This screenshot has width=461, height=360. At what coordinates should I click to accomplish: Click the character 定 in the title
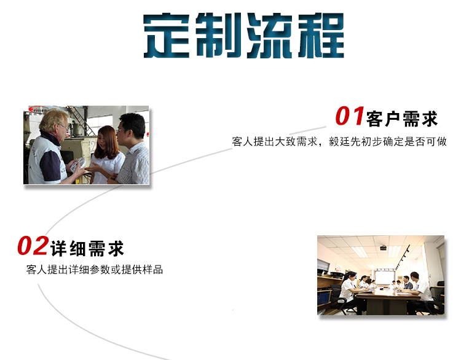[x=167, y=36]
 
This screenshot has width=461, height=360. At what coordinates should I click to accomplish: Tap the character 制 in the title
[x=218, y=36]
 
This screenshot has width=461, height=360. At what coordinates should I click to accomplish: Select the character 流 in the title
[x=270, y=36]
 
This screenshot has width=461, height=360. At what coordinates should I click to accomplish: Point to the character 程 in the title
[x=321, y=36]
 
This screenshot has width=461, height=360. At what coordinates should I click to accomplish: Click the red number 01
[x=350, y=116]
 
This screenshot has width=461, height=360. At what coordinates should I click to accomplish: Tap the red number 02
[x=33, y=246]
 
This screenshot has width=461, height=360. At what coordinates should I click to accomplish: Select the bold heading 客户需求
[x=402, y=119]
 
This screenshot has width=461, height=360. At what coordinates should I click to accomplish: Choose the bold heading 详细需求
[x=87, y=249]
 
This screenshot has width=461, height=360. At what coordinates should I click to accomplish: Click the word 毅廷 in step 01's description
[x=339, y=142]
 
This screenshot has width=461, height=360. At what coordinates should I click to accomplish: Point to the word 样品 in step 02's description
[x=152, y=270]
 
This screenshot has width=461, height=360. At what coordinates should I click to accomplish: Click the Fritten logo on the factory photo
[x=37, y=109]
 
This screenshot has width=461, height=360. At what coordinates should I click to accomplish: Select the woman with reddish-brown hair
[x=107, y=155]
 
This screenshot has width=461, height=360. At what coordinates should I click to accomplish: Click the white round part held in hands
[x=78, y=164]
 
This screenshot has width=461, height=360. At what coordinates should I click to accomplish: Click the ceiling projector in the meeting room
[x=384, y=248]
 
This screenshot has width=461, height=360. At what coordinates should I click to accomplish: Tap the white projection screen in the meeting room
[x=385, y=278]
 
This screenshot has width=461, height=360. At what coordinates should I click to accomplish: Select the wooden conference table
[x=387, y=300]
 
